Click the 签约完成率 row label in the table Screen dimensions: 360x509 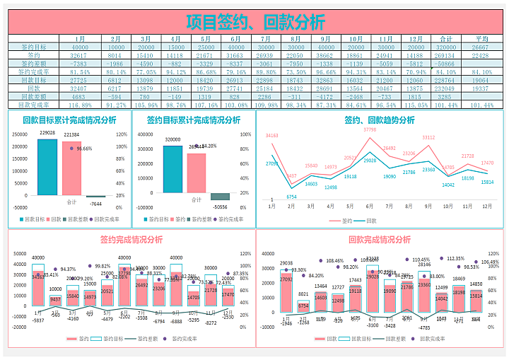tap(33, 71)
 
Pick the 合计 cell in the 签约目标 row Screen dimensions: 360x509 tap(445, 47)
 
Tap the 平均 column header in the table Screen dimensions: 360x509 tap(482, 39)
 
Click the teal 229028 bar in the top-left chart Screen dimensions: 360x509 tap(47, 167)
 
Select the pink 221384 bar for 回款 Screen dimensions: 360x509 tap(71, 168)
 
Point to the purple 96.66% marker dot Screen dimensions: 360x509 tap(71, 149)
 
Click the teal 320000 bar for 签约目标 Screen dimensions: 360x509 tap(172, 169)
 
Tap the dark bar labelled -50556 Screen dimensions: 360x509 tap(220, 197)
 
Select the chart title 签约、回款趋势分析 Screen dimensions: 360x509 tap(379, 120)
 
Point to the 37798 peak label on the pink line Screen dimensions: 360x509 tap(369, 130)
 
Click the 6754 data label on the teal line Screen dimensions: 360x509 tap(291, 197)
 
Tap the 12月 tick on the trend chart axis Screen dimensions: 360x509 tap(487, 206)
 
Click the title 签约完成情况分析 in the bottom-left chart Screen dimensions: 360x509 tap(131, 239)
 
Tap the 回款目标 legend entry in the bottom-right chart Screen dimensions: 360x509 tap(370, 339)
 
